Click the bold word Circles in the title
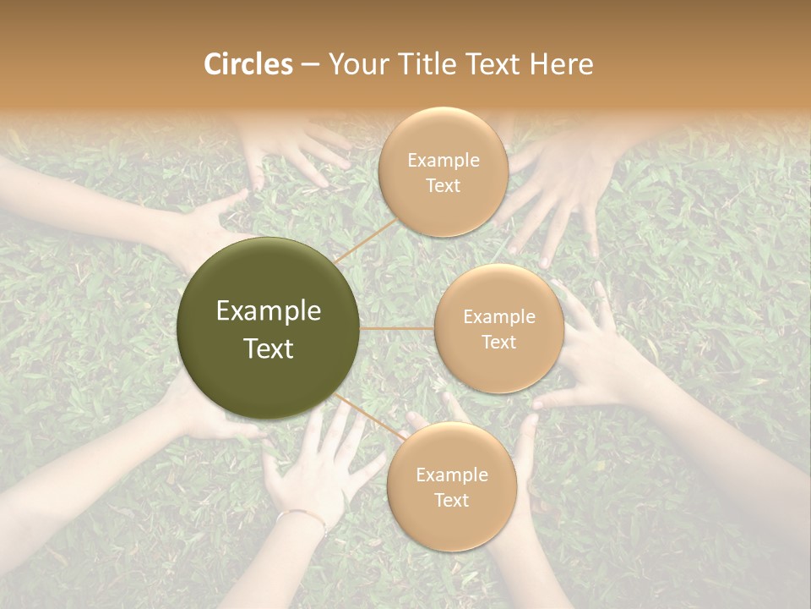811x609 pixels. point(248,64)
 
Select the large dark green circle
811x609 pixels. point(269,328)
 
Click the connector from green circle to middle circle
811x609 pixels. point(397,327)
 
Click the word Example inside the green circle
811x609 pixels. point(269,311)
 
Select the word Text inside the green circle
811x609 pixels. point(269,348)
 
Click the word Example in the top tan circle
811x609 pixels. point(444,160)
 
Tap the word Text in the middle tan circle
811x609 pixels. point(498,342)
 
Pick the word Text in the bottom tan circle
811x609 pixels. point(451,500)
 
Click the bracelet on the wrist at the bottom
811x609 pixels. point(302,515)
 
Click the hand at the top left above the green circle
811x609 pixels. point(296,148)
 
